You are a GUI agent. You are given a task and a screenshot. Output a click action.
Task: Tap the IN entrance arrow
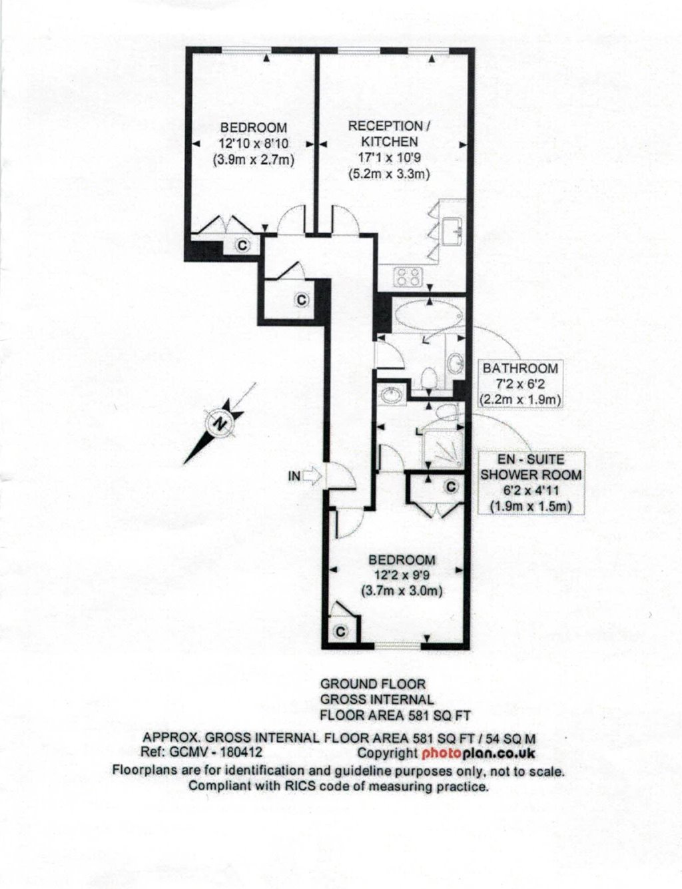tap(312, 475)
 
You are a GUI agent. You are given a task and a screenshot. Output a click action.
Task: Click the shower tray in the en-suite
tap(444, 449)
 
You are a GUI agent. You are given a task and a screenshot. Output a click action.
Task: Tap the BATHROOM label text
tap(520, 368)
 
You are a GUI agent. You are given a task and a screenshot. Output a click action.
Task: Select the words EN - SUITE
tap(531, 459)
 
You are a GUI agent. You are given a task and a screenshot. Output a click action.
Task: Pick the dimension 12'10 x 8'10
tap(254, 144)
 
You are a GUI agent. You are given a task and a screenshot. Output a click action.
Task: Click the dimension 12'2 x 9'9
tap(402, 575)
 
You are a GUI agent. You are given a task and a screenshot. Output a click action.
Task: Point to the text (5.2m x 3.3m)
tap(389, 174)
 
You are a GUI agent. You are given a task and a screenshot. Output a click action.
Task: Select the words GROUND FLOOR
tap(373, 684)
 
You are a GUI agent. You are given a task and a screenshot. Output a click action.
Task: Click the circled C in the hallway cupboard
tap(301, 300)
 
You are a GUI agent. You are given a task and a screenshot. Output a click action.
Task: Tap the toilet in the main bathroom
tap(428, 378)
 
